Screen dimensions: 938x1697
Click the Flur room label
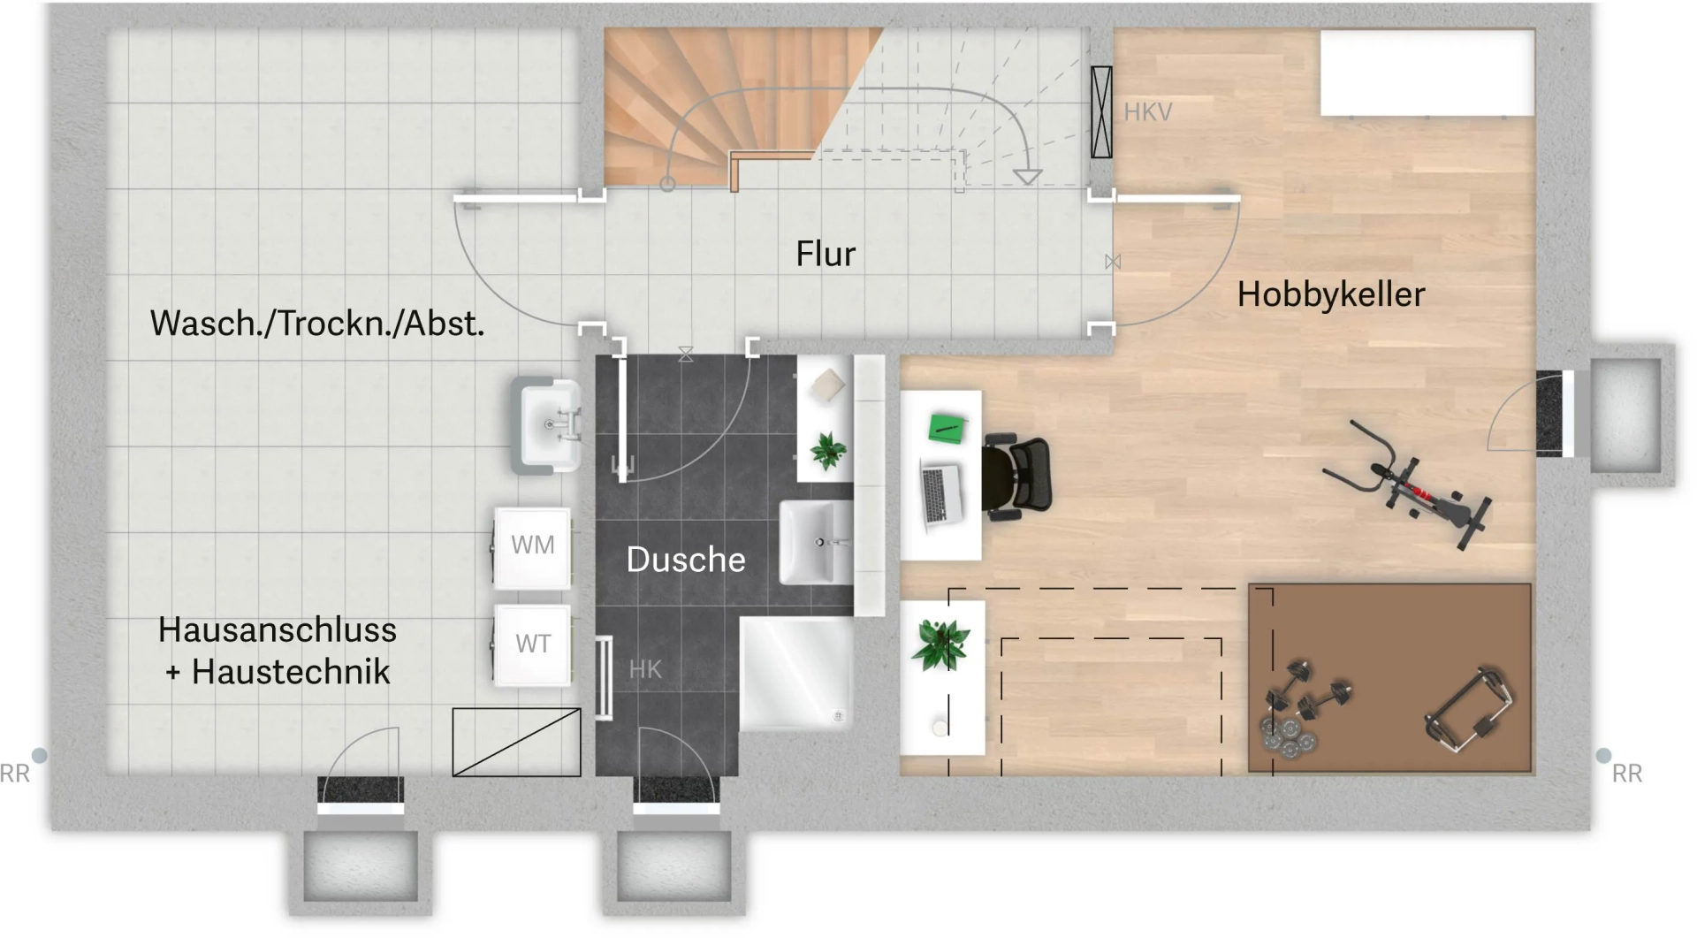(x=826, y=254)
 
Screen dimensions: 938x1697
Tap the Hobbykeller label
(x=1330, y=294)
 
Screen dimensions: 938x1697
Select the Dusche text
(x=686, y=560)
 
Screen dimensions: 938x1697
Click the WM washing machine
(x=532, y=546)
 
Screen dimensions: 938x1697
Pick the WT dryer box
(x=532, y=644)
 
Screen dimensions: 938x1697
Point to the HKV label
(x=1147, y=112)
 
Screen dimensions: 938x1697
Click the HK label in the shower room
(x=645, y=669)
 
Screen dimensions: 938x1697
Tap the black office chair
(x=1019, y=474)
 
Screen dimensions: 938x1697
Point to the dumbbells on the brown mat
(x=1308, y=698)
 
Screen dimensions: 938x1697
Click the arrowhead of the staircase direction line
(x=1026, y=177)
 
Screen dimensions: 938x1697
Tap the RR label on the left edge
(x=15, y=774)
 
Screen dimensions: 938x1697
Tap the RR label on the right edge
(x=1626, y=774)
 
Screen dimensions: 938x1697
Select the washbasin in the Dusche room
(x=816, y=542)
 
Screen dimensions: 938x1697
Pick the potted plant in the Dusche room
(x=827, y=451)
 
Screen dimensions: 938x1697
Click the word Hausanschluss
(x=277, y=629)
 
